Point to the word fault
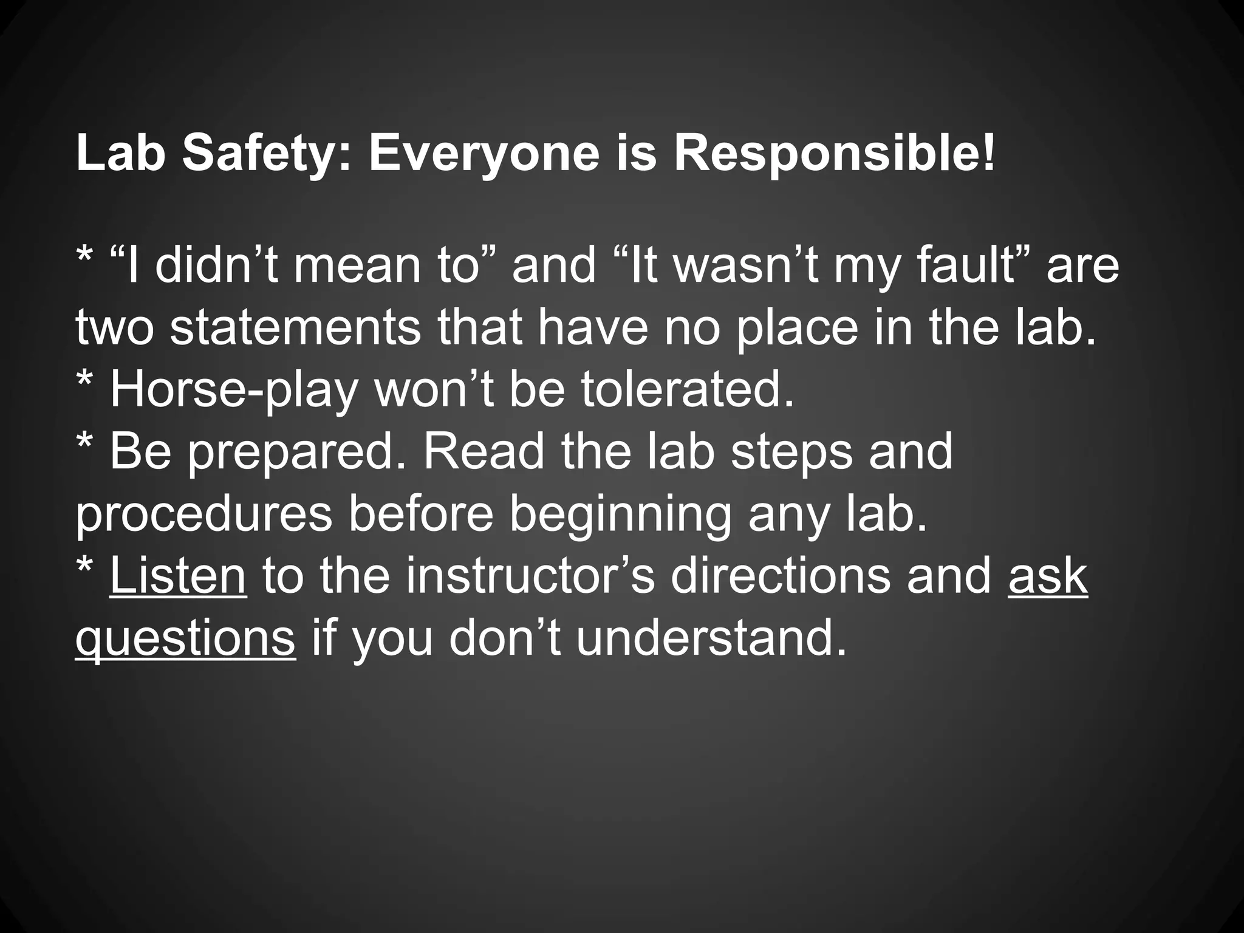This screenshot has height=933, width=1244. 969,265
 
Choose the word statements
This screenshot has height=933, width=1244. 295,327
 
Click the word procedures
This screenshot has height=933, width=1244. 204,514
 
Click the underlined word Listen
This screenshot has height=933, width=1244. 178,576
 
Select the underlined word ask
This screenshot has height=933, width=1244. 1048,576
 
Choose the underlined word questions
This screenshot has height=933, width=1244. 185,639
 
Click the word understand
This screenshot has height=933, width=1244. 711,639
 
